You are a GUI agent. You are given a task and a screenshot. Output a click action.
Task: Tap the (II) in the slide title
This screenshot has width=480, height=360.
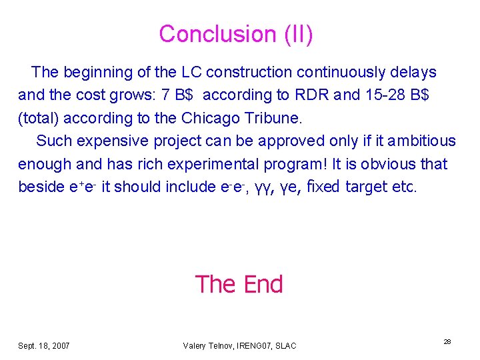(x=297, y=33)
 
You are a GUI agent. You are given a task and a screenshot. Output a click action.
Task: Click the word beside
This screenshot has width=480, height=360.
(x=41, y=187)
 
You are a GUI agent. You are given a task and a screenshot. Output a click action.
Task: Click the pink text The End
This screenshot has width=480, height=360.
(x=239, y=284)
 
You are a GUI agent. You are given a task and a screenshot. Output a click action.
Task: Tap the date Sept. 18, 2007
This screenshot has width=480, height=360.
(x=44, y=345)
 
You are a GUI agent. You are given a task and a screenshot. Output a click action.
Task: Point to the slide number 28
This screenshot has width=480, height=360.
(x=447, y=341)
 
